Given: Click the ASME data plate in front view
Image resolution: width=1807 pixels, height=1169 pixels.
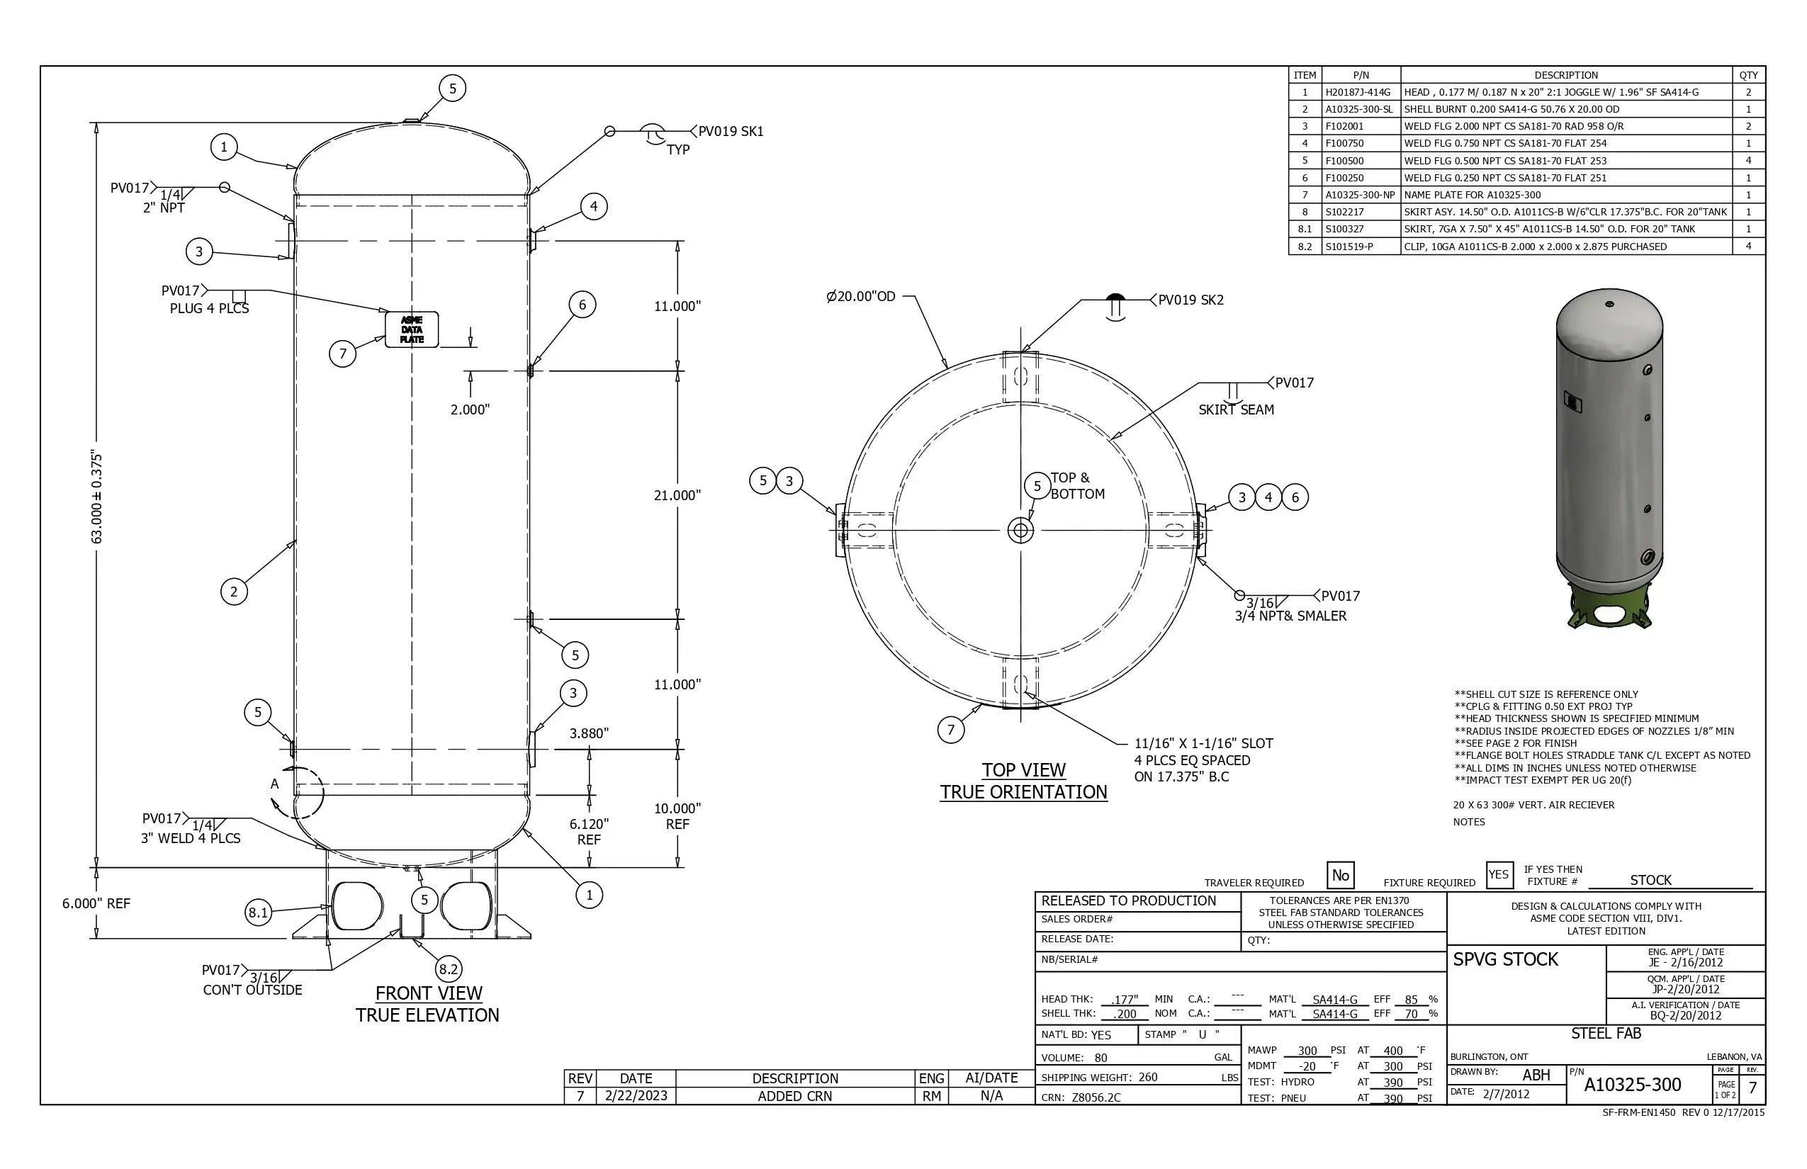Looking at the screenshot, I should tap(412, 329).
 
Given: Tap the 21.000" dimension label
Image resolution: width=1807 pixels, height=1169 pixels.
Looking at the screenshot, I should tap(677, 495).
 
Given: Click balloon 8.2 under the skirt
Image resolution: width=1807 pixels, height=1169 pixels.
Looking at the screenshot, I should tap(448, 968).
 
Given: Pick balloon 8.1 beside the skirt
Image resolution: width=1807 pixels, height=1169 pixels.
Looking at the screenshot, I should tap(258, 912).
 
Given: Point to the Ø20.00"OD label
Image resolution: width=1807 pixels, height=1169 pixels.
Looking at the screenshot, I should tap(861, 296).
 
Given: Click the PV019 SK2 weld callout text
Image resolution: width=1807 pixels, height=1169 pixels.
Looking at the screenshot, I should tap(1190, 300).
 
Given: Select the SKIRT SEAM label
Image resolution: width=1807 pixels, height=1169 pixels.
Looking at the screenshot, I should tap(1236, 410).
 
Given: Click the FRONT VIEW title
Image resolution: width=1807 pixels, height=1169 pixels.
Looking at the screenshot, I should tap(428, 993).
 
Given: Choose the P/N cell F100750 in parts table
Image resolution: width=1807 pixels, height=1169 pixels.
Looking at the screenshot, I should tap(1345, 142).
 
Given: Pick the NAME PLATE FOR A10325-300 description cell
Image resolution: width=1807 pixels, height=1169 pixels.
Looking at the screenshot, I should tap(1473, 194).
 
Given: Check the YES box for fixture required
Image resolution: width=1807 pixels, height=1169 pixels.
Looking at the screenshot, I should tap(1499, 874).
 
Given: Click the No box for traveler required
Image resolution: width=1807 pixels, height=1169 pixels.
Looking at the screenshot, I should tap(1340, 875).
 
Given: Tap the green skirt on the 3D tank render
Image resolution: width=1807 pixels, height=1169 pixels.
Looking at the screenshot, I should tap(1608, 607).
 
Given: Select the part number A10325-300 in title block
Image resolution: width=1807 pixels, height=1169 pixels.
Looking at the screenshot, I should tap(1633, 1084).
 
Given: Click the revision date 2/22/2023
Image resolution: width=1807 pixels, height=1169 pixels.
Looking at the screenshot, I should tap(636, 1095).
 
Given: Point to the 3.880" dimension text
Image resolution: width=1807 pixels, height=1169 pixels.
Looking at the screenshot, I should tap(589, 733).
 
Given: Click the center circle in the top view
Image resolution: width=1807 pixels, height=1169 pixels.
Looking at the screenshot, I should tap(1020, 530).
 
